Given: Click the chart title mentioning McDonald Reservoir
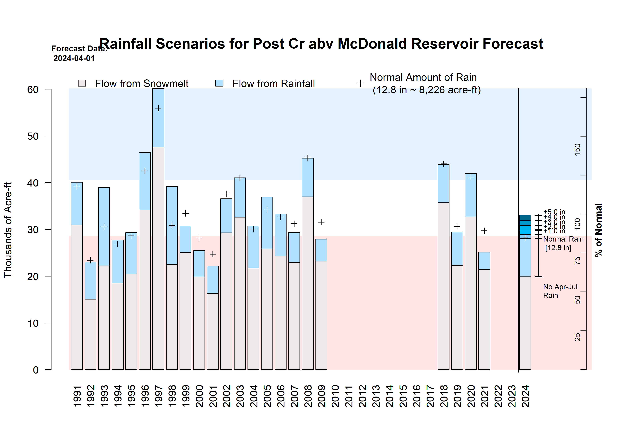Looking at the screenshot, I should (x=321, y=44).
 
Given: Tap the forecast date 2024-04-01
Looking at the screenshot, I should (x=74, y=58).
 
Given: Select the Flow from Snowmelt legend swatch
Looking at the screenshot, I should (x=82, y=83).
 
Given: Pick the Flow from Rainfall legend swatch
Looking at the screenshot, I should (x=219, y=83).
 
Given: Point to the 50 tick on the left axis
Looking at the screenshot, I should (x=33, y=136).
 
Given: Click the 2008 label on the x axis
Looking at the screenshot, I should (x=308, y=396).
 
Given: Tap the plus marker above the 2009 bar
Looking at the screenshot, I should (x=321, y=222).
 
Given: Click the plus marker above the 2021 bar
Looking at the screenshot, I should (x=484, y=231).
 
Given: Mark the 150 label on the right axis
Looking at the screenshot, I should (x=577, y=149).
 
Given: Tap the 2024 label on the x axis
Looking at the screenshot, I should (x=525, y=396).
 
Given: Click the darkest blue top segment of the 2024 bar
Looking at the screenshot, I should (x=525, y=218).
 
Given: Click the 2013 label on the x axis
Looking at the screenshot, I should (x=376, y=396).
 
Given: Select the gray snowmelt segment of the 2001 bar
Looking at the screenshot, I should (x=213, y=331).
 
